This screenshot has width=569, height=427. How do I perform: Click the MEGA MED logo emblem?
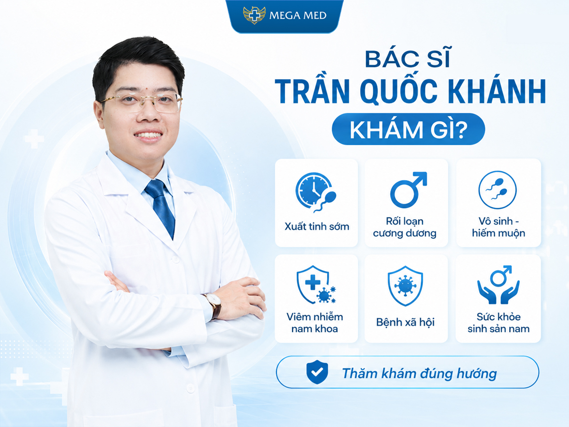point(254,15)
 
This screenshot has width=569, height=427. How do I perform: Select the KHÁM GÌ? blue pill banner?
point(408,129)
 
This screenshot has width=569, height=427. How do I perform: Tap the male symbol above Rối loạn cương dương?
point(408,190)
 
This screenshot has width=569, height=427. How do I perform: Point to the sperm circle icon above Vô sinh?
point(497,190)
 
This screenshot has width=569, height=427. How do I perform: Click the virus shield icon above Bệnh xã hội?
point(405,286)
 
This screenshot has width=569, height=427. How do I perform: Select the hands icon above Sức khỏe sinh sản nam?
point(498,284)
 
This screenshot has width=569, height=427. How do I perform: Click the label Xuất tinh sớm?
point(317,227)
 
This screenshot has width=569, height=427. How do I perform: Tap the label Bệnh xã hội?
point(405,322)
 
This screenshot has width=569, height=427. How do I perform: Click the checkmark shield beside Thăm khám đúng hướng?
point(317,372)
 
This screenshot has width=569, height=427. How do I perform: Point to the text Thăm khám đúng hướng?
point(420,373)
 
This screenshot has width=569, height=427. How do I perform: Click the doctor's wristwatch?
point(214,306)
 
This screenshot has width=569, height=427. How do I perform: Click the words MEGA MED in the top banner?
point(298,16)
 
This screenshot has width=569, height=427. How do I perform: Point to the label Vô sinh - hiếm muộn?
point(498,227)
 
